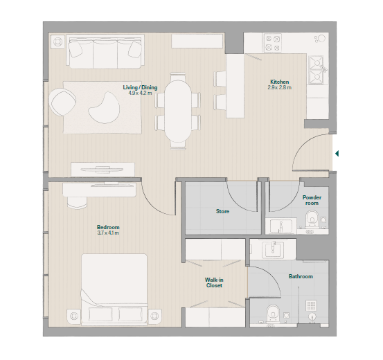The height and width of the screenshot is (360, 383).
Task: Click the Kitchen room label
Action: [x=279, y=82]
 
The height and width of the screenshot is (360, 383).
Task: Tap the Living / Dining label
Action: [x=140, y=87]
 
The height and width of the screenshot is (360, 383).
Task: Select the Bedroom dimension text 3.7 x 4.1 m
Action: [x=108, y=233]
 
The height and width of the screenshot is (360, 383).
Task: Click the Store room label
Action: [x=222, y=211]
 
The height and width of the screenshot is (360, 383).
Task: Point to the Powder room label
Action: [x=312, y=200]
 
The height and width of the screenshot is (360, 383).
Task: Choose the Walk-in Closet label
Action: [x=214, y=282]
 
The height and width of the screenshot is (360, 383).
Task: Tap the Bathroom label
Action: [x=301, y=276]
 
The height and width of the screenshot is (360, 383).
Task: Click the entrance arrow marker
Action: [x=337, y=154]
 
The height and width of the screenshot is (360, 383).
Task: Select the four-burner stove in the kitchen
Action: [x=273, y=43]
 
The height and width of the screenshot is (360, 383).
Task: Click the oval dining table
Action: [x=178, y=111]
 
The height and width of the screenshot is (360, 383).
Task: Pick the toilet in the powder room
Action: [x=312, y=217]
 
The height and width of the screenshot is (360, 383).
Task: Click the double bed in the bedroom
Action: [x=114, y=289]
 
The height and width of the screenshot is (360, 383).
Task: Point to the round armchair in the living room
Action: [x=62, y=102]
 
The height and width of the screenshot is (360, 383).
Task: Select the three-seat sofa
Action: [x=105, y=51]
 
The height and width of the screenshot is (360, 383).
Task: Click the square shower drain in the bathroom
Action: [x=311, y=305]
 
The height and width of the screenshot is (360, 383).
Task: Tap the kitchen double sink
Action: [x=317, y=71]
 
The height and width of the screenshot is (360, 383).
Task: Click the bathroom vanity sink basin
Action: [x=273, y=249]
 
